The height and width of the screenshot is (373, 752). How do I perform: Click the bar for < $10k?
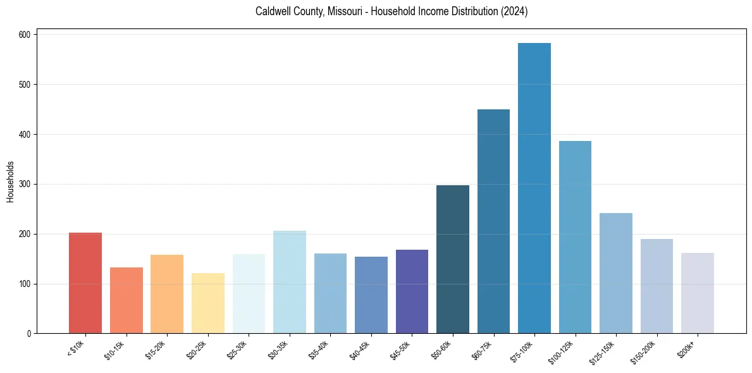85,283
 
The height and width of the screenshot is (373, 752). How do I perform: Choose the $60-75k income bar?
493,221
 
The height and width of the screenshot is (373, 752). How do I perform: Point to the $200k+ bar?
698,293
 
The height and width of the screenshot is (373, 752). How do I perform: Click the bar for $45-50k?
412,291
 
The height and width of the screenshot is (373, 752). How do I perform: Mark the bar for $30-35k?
290,282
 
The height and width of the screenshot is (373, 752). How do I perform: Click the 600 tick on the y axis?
25,34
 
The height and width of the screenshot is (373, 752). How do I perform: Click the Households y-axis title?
11,181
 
